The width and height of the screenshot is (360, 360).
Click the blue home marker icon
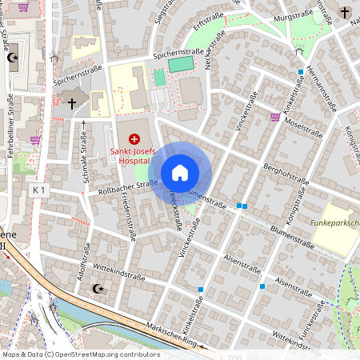click(x=180, y=173)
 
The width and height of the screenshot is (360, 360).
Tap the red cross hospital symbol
click(x=134, y=139)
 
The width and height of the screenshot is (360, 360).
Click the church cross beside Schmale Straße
click(x=72, y=103)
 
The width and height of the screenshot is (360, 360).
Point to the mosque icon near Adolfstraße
click(x=98, y=288)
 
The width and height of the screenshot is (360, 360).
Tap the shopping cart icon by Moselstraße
click(x=275, y=117)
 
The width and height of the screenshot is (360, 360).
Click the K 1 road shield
click(x=40, y=190)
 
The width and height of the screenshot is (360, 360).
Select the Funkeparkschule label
click(x=335, y=224)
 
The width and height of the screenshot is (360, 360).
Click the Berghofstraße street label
click(x=285, y=175)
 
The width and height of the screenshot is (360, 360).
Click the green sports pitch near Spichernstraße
click(x=182, y=63)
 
